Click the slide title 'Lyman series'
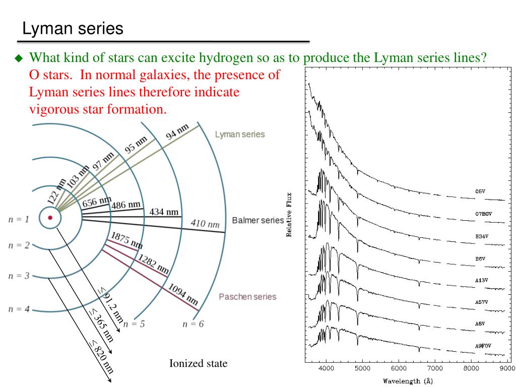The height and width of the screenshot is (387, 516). click(x=73, y=28)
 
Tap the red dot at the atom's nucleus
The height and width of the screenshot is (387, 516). click(x=50, y=218)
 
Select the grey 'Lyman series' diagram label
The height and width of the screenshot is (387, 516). click(x=239, y=135)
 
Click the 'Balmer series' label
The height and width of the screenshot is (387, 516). click(x=257, y=220)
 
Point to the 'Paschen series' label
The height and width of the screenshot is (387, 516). click(x=247, y=296)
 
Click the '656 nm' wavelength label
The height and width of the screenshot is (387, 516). click(x=97, y=202)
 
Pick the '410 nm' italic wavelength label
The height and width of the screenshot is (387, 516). click(x=205, y=223)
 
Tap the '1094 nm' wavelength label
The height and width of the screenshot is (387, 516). click(x=182, y=295)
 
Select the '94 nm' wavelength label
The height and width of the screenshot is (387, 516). click(x=177, y=132)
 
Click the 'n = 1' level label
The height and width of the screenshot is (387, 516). click(x=19, y=219)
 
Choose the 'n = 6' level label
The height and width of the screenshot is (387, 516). click(x=193, y=324)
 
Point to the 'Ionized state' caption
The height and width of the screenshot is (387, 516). click(x=198, y=363)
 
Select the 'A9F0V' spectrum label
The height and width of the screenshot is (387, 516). click(x=483, y=346)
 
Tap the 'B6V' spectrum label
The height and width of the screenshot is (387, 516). click(x=481, y=259)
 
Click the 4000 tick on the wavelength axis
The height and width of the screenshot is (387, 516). click(x=326, y=368)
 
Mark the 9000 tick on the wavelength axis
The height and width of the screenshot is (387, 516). click(x=507, y=368)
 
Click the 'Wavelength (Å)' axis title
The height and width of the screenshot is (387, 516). click(x=408, y=381)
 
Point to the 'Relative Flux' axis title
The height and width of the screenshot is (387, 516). click(x=289, y=214)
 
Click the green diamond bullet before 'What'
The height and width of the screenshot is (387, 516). click(x=19, y=58)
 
